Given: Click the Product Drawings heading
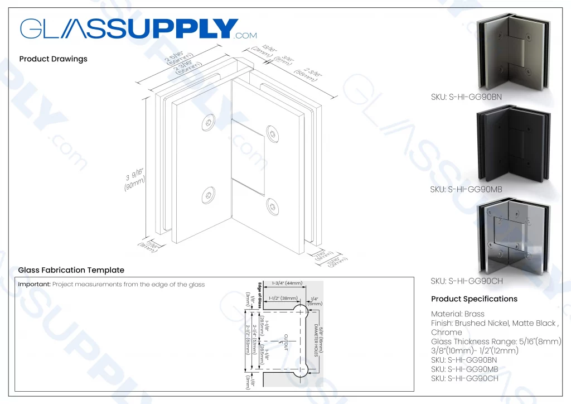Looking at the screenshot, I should (x=53, y=59).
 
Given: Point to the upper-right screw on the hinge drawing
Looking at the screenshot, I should (x=272, y=132).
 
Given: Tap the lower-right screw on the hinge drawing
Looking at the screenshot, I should (x=272, y=206).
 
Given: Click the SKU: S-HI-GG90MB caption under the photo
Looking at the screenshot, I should (x=466, y=190).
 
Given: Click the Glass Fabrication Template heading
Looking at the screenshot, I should (x=71, y=270).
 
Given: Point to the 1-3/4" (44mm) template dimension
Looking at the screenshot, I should (x=287, y=283).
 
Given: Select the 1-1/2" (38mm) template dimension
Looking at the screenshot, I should (x=283, y=299).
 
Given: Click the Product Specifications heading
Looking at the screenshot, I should (x=474, y=299).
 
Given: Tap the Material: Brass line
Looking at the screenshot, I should (x=458, y=314).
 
